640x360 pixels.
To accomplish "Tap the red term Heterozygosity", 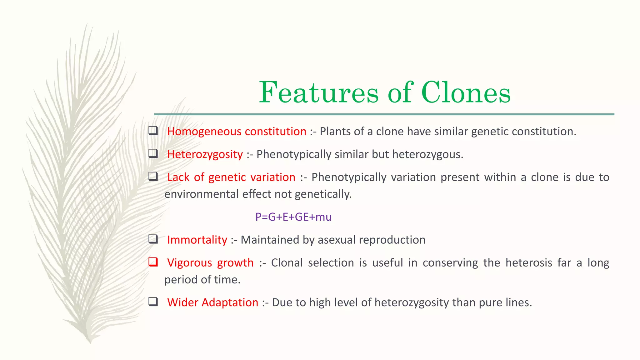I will pyautogui.click(x=205, y=154).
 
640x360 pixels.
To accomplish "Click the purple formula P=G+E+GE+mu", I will pyautogui.click(x=293, y=217).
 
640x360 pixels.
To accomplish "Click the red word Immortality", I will pyautogui.click(x=197, y=240).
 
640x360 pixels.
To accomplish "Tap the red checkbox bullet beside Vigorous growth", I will pyautogui.click(x=153, y=262).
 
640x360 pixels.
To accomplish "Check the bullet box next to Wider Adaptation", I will pyautogui.click(x=153, y=302).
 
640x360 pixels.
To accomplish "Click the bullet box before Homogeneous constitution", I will pyautogui.click(x=153, y=130).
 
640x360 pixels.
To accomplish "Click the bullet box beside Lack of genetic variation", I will pyautogui.click(x=153, y=176).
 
